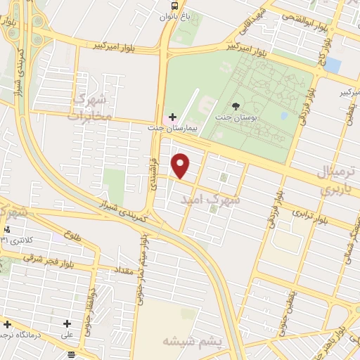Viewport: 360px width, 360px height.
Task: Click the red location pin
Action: [x=181, y=165]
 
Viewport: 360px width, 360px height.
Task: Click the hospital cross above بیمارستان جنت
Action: [x=173, y=116]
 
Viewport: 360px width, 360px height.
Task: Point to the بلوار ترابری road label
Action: [x=309, y=216]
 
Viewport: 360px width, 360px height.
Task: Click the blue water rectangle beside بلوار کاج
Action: [x=333, y=66]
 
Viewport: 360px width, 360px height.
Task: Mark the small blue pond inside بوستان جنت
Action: [x=283, y=115]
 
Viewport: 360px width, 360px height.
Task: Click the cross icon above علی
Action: [x=67, y=324]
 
